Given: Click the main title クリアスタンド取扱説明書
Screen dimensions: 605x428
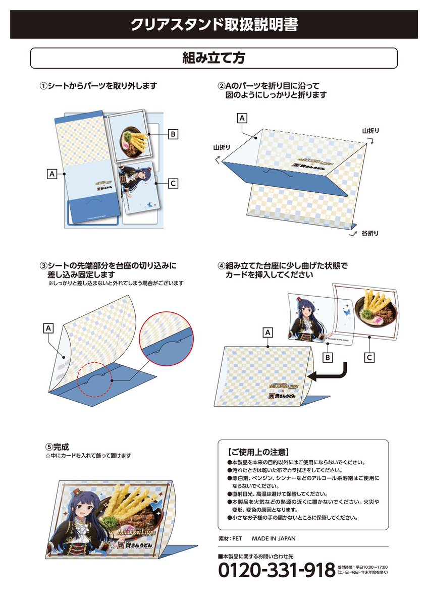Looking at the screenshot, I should coord(213,25).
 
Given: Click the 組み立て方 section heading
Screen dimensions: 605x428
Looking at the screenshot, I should coord(213,58).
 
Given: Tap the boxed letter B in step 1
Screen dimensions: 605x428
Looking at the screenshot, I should coord(173,134).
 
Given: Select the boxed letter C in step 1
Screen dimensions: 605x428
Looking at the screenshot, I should coord(173,184).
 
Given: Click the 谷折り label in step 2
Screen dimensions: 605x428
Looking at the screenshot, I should coord(370,234).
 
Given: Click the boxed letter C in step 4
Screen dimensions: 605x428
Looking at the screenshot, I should coord(369,357).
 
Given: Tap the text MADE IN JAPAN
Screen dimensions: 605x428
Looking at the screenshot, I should coord(277,538).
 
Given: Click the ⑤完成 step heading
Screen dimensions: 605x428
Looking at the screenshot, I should coord(57,447).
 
